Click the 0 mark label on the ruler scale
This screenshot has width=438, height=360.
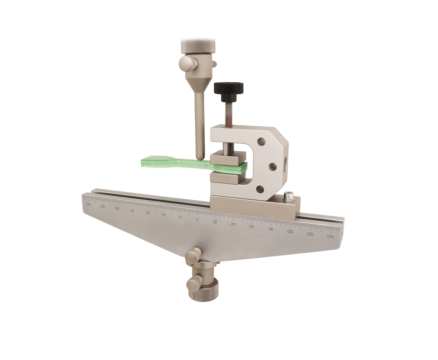[198, 219]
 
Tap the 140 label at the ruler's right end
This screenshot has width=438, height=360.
[331, 237]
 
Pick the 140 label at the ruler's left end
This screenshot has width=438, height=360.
[89, 204]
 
